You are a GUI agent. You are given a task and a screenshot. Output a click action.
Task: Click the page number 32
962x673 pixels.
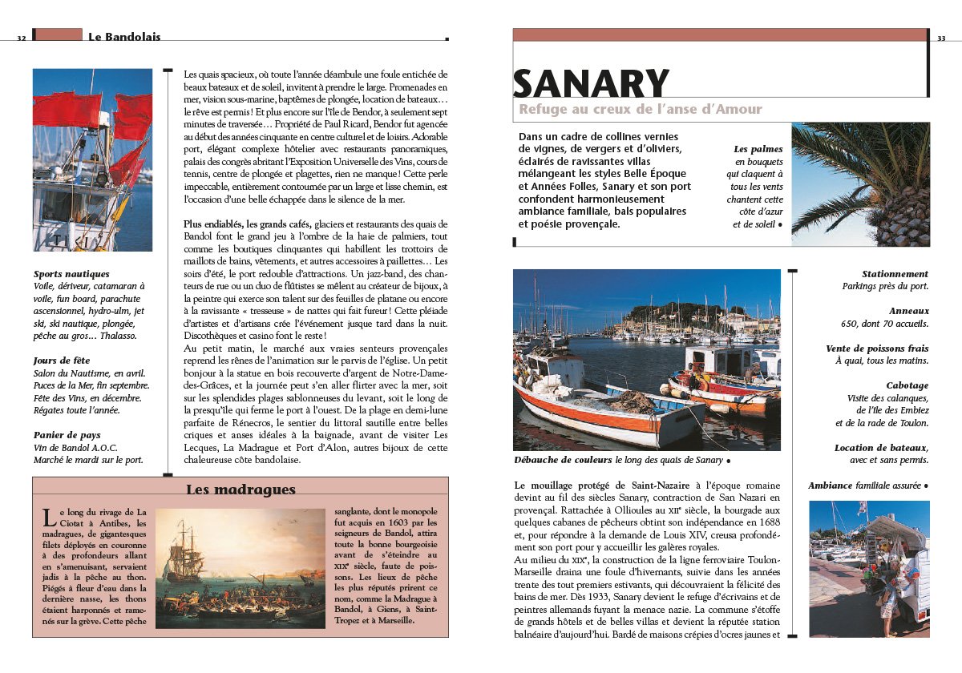click(x=22, y=38)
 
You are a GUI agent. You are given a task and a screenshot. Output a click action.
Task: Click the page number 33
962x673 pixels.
click(x=941, y=38)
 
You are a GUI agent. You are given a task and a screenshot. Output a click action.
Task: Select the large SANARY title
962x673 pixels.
click(x=591, y=84)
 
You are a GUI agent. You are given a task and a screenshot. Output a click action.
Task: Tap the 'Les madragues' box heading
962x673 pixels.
click(x=240, y=490)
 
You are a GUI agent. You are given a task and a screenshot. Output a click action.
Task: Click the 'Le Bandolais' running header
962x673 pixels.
click(x=124, y=37)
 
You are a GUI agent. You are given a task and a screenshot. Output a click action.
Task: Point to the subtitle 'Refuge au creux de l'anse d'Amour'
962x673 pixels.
click(x=641, y=110)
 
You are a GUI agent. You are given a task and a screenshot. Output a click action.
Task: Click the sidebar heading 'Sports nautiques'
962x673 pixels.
click(x=71, y=274)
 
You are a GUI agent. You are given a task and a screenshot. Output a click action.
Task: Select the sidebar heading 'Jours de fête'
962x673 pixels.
click(x=62, y=361)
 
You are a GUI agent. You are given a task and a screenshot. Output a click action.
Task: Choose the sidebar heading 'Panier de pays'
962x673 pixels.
click(x=67, y=435)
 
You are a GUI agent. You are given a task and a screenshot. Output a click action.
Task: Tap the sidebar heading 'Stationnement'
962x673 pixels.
click(x=895, y=274)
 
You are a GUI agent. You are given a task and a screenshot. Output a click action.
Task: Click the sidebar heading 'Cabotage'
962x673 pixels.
click(x=907, y=385)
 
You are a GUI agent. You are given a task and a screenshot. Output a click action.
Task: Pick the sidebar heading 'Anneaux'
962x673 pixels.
click(x=908, y=311)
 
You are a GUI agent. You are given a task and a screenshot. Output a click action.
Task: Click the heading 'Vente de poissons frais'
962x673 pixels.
click(x=877, y=349)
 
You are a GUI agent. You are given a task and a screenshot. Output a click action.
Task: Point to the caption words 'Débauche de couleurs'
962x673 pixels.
click(x=563, y=461)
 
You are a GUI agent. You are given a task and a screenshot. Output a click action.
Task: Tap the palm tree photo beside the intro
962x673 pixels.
click(x=860, y=184)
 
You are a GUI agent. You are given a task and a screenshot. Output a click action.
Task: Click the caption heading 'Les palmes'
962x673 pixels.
click(x=758, y=149)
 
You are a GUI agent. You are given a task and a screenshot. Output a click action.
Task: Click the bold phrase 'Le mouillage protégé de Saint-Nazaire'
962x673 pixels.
click(x=604, y=486)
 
